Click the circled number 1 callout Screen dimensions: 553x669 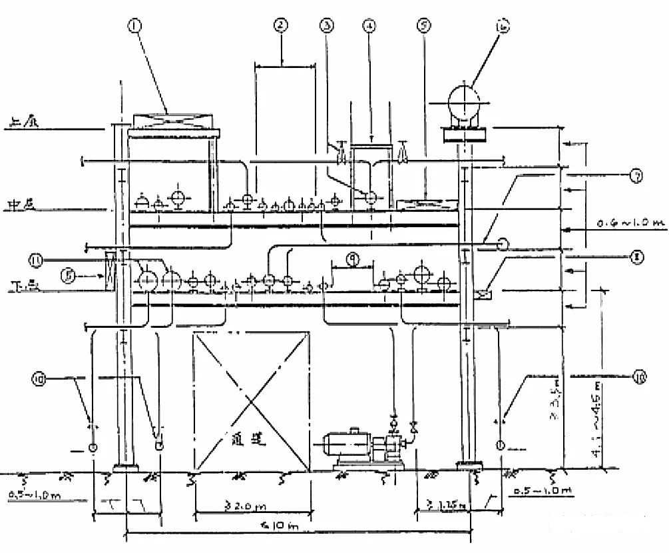136,27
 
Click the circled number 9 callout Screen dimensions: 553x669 353,257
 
